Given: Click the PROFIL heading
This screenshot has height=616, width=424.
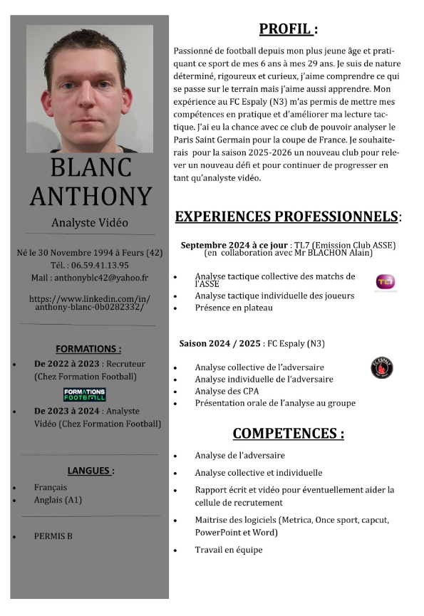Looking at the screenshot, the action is coord(287,29).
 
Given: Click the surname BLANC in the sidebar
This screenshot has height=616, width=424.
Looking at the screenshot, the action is coord(91,167).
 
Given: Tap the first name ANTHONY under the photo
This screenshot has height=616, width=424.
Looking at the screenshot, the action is coord(91,196).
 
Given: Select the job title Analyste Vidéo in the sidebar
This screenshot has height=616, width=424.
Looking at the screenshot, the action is coord(90,223).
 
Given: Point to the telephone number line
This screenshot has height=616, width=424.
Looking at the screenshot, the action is coord(90,265).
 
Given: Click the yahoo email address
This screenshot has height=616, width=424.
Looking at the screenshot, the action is coord(90,277).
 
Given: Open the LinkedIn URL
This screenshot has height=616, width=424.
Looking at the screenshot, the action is coord(89,302).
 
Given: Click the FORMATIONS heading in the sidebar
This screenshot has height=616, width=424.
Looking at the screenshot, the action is coord(88,349).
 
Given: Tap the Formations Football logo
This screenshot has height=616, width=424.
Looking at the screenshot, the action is coord(85,394).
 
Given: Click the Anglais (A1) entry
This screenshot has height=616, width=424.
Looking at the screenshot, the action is coord(58,500).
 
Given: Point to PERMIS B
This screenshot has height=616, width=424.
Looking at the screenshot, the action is coord(53,536).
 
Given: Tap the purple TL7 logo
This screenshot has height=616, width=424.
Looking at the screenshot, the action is coord(385,282).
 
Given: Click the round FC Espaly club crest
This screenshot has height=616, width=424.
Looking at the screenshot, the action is coord(382,368).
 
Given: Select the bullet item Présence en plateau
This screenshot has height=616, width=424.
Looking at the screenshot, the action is coord(234,308).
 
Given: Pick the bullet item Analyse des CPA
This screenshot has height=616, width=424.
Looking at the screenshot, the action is coord(227,391).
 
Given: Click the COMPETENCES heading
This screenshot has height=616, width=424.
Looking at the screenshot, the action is coord(288,433).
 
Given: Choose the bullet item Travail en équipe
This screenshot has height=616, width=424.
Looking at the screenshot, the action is coord(229,550).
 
